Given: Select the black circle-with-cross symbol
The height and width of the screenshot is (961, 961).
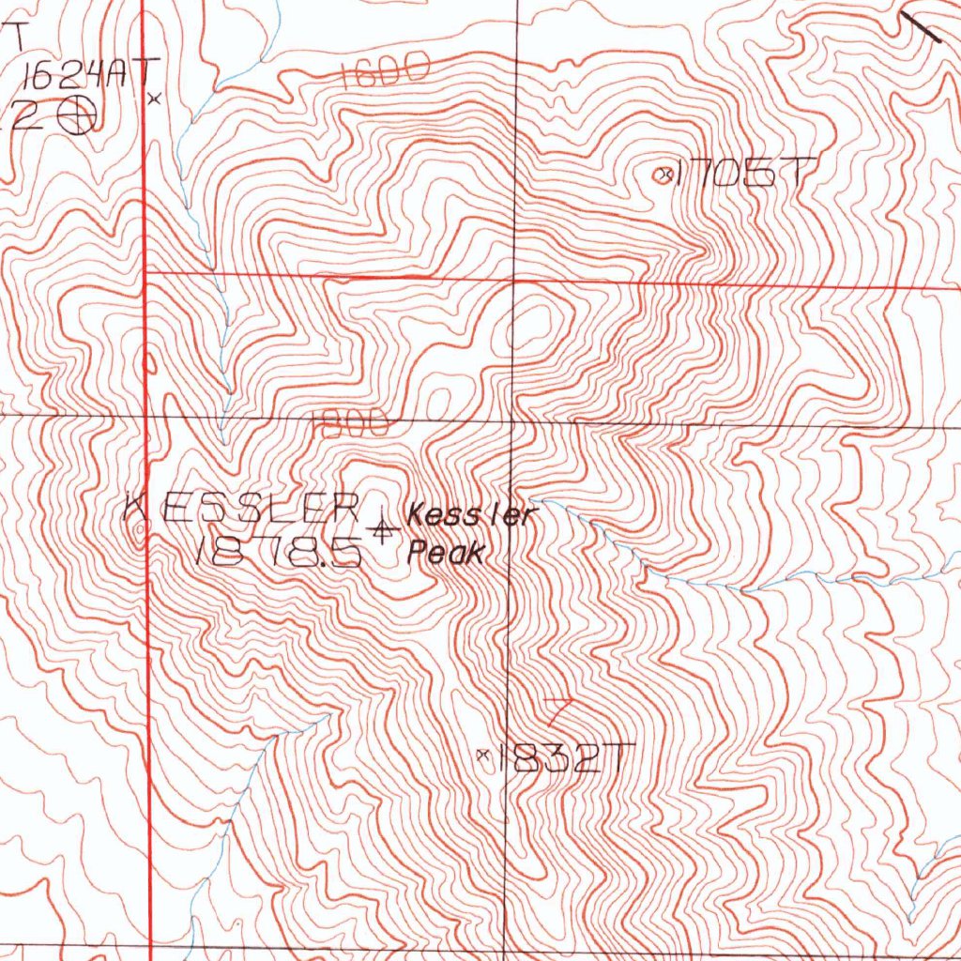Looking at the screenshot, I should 77,116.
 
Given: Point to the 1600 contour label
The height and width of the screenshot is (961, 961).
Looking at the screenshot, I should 385,71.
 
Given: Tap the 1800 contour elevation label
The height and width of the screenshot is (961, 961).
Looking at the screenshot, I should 350,425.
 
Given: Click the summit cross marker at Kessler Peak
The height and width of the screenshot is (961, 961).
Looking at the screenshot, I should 381,531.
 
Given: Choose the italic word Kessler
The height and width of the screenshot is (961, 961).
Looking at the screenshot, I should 469,515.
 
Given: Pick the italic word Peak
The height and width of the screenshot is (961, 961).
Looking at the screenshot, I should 447,554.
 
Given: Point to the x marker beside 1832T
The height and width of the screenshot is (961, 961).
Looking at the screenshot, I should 484,754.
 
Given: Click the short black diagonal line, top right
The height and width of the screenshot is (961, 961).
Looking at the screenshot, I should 921,27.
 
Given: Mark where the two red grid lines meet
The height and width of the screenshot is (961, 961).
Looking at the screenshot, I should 144,273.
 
